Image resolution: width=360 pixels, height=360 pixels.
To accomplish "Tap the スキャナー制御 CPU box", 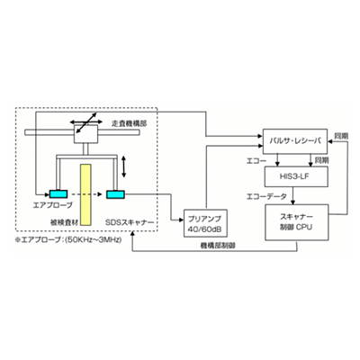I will [297, 220].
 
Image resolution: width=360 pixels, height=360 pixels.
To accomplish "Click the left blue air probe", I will [58, 194].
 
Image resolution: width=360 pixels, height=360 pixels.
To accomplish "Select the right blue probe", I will [114, 194].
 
